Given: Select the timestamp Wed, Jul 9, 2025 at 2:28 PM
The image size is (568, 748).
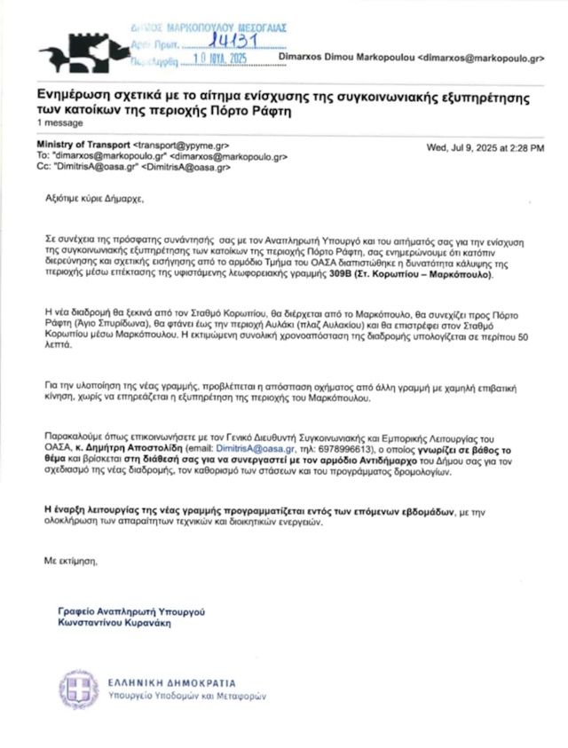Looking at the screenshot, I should pyautogui.click(x=485, y=146).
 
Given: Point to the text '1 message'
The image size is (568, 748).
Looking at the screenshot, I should pyautogui.click(x=57, y=122).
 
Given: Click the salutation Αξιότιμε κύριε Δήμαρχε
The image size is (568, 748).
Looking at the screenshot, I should pyautogui.click(x=92, y=201).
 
